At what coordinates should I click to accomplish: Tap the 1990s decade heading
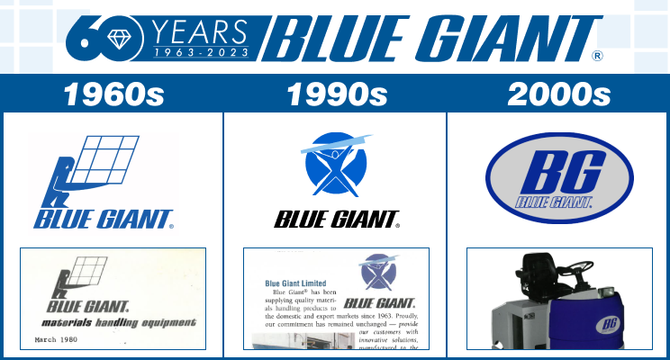(x=335, y=94)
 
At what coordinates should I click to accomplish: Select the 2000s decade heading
(x=559, y=94)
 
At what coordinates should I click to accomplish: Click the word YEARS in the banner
(x=199, y=33)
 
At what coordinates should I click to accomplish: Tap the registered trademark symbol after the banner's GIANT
(x=597, y=56)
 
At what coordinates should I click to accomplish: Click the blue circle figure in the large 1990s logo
(x=335, y=166)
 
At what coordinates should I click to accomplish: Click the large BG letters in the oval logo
(x=558, y=170)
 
